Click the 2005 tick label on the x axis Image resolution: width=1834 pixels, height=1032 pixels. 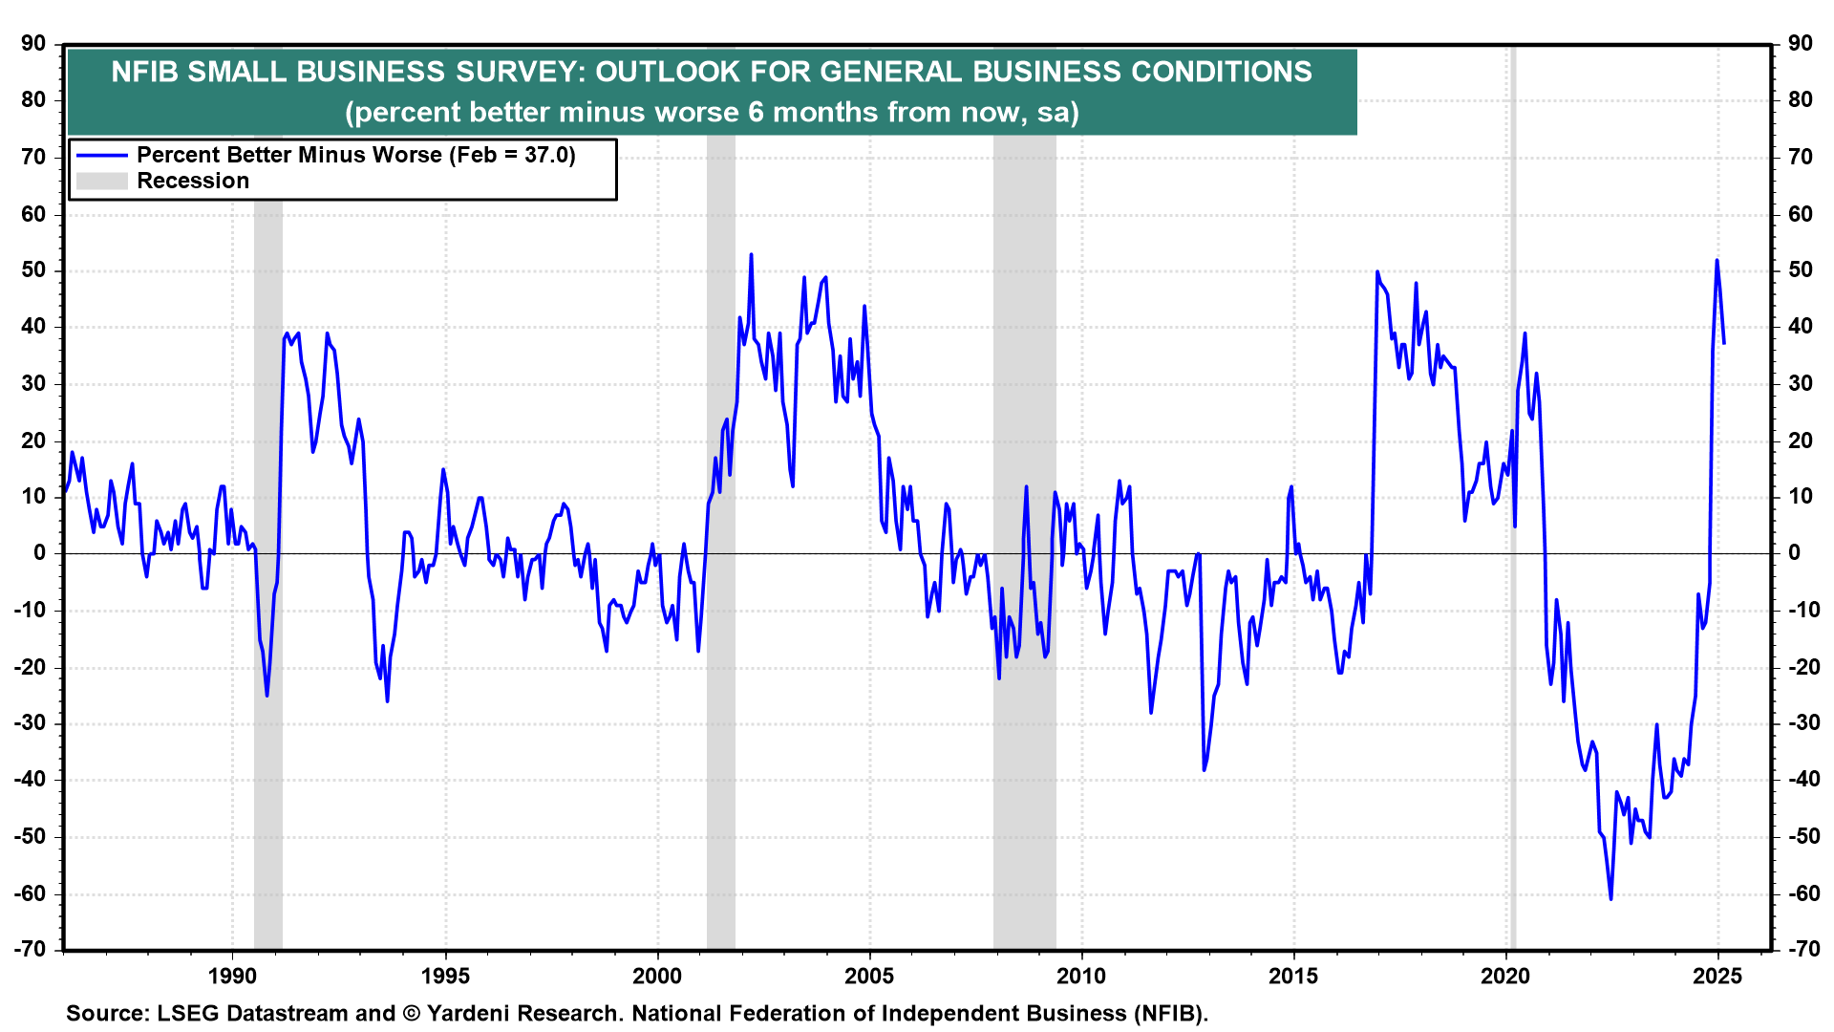869,976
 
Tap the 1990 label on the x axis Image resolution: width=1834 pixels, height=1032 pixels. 232,976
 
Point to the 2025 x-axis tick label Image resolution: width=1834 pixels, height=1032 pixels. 1717,976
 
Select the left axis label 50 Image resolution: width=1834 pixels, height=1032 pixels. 34,270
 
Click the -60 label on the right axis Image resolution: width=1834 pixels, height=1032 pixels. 1800,894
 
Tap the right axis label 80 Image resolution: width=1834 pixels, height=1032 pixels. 1800,100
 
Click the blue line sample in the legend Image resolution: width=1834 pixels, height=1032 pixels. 102,156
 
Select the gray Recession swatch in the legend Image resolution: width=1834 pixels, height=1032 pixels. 102,182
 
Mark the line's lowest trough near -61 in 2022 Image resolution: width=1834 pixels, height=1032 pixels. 1610,898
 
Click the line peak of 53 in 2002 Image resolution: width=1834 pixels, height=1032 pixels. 752,254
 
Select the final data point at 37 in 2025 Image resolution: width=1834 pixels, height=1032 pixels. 1724,343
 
